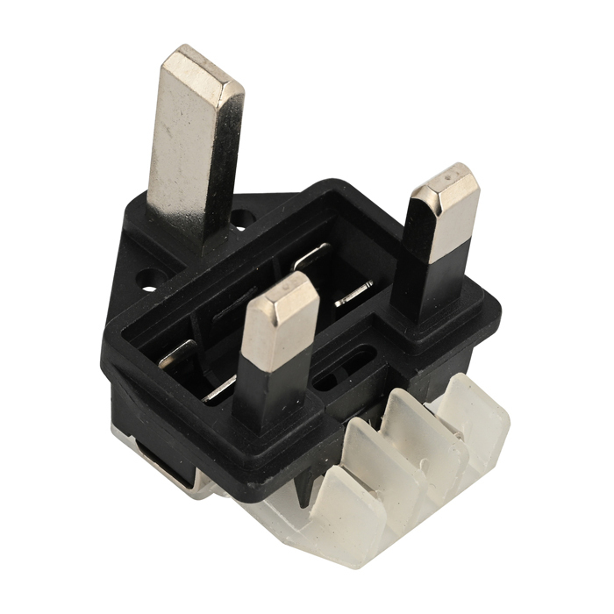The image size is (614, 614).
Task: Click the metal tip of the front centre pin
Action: click(278, 325)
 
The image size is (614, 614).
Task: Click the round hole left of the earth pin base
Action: click(150, 286)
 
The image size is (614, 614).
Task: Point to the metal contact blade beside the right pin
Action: click(353, 295)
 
